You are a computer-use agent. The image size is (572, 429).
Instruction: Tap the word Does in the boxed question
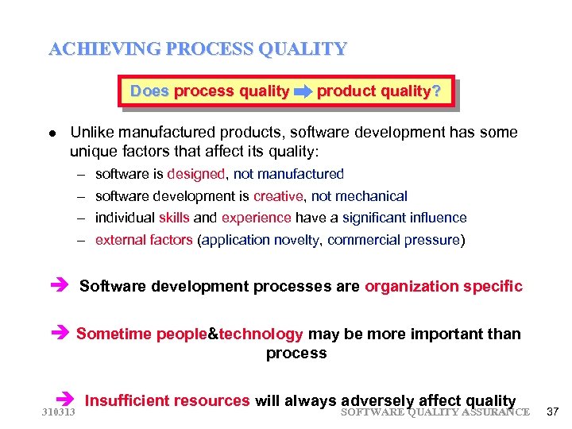[149, 91]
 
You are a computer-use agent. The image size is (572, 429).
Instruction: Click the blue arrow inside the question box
[303, 92]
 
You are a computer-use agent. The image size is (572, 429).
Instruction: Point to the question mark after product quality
[435, 91]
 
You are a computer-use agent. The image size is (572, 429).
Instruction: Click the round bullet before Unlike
[52, 133]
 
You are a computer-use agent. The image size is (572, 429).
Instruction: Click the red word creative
[278, 196]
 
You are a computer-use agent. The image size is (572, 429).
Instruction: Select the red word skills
[174, 218]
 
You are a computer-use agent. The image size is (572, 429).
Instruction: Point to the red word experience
[256, 218]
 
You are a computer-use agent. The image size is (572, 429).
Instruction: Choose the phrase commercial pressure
[394, 240]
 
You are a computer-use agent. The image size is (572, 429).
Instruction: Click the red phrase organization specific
[443, 286]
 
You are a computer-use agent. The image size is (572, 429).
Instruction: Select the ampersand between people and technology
[212, 334]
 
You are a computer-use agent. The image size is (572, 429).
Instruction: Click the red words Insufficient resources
[168, 401]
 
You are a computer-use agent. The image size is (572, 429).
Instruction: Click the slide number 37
[554, 412]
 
